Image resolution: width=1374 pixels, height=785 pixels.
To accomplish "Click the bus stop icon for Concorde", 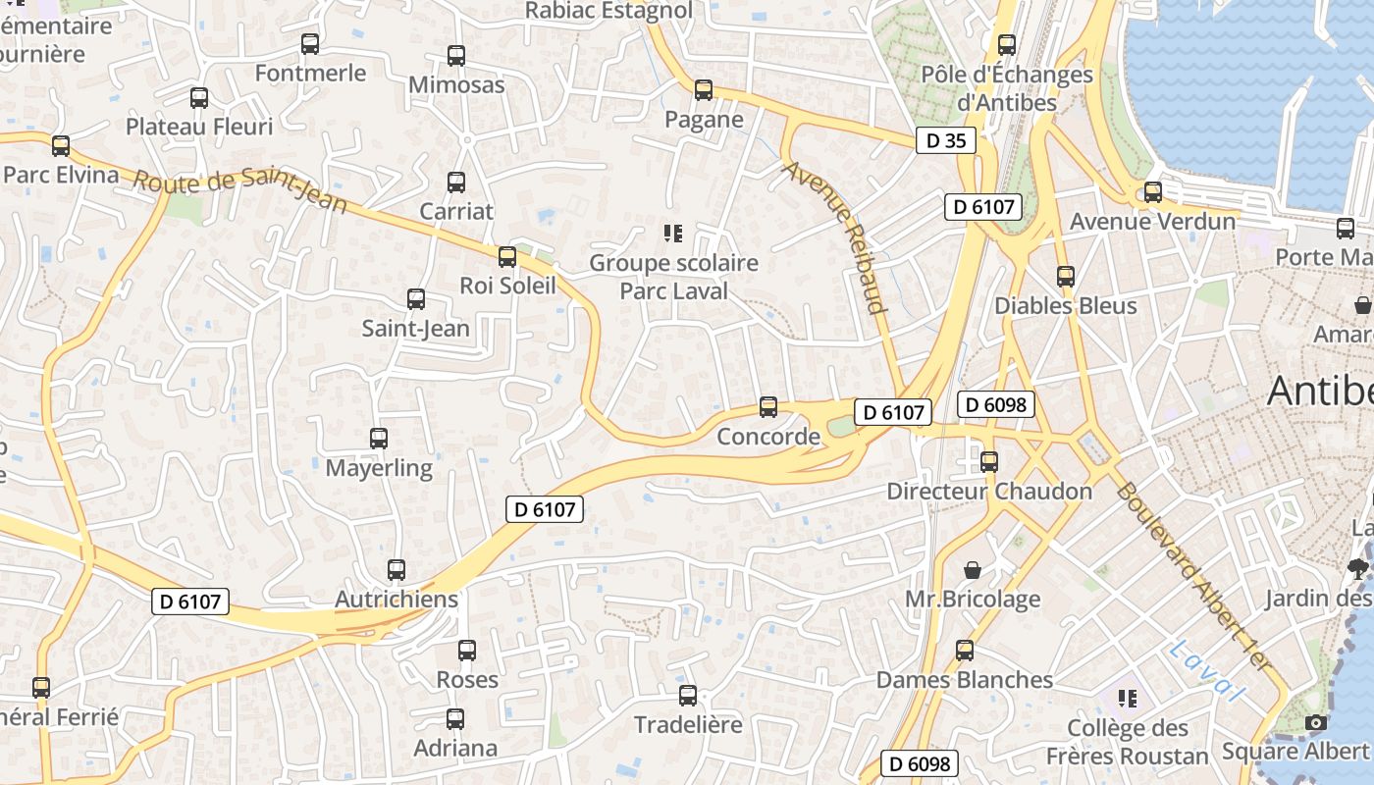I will tap(768, 406).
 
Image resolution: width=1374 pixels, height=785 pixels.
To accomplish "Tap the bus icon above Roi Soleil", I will tap(506, 257).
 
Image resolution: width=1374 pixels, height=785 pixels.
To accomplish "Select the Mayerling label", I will tap(379, 468).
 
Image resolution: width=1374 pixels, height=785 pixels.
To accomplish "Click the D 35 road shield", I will tap(946, 140).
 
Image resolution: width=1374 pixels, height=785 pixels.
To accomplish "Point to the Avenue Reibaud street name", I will tap(835, 236).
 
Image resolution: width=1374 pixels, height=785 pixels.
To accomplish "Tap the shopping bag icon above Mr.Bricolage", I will tap(972, 570).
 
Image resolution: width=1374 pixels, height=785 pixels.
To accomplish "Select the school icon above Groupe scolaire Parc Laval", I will tap(672, 234).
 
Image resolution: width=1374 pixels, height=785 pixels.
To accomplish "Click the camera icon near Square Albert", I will tap(1315, 723).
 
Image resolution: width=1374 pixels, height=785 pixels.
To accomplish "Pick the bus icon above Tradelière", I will tap(688, 696).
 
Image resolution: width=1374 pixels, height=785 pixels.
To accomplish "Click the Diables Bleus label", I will tap(1066, 305).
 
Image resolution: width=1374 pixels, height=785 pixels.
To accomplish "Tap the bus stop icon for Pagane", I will tap(704, 90).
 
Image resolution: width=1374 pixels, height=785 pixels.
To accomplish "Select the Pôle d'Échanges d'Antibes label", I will tap(1007, 87).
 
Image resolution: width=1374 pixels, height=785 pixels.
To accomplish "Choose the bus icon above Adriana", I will tap(455, 718).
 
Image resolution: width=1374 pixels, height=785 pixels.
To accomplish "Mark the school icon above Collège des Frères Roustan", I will tap(1127, 699).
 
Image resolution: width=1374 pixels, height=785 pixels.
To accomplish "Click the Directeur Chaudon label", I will tap(989, 491).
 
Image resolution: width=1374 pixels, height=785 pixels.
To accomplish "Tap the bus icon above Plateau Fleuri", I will tap(199, 98).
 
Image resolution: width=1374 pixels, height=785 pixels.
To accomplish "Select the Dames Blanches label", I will tap(965, 679).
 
